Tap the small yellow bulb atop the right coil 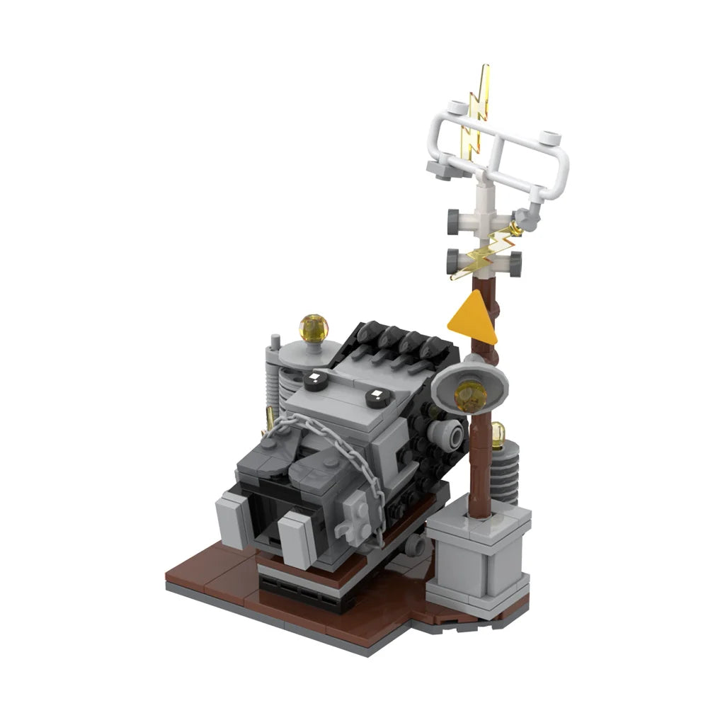(x=499, y=432)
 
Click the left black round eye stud (x=312, y=381)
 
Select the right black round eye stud (x=376, y=398)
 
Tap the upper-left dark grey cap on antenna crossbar (x=453, y=216)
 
